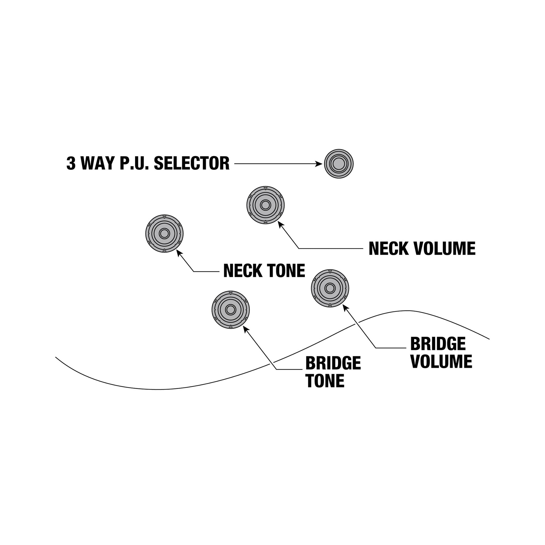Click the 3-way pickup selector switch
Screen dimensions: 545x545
coord(339,163)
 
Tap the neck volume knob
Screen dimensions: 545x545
coord(265,205)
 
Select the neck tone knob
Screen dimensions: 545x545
coord(164,234)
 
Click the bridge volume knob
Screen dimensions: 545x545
coord(330,288)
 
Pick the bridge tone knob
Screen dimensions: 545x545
coord(230,309)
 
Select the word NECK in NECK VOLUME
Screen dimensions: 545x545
coord(389,248)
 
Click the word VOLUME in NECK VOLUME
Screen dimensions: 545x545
coord(445,248)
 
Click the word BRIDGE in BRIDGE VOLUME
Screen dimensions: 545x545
coord(438,344)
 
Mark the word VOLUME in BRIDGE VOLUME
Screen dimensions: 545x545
coord(442,361)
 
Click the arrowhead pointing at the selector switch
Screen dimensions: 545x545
coord(320,164)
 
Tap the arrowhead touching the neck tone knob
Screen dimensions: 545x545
coord(179,253)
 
